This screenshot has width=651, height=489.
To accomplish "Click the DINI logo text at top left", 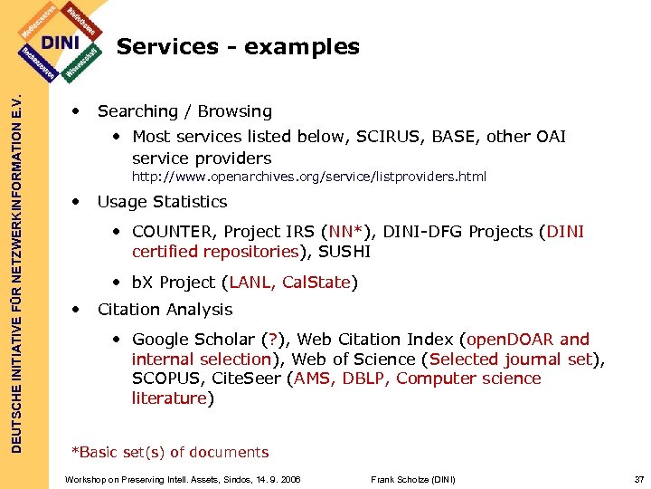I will pos(61,42).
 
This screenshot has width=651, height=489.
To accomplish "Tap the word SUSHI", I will pos(344,252).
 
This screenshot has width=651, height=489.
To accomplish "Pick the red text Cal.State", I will pos(316,283).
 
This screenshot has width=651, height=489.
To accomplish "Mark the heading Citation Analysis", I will pos(165,309).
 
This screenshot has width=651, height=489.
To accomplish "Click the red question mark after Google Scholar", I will pos(269,340).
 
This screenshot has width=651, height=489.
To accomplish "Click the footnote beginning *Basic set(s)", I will pos(170,452).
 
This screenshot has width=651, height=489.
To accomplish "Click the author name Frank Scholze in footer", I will pos(413,479).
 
